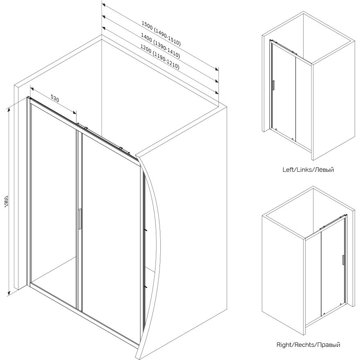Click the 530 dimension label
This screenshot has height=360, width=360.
click(55, 98)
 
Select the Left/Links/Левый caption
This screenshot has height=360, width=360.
click(308, 169)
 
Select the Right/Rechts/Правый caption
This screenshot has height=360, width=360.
click(308, 345)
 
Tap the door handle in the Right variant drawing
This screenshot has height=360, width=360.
click(343, 260)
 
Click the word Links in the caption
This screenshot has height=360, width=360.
click(307, 169)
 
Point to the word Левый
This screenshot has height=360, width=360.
click(325, 169)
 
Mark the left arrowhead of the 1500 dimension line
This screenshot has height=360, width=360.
click(104, 6)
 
